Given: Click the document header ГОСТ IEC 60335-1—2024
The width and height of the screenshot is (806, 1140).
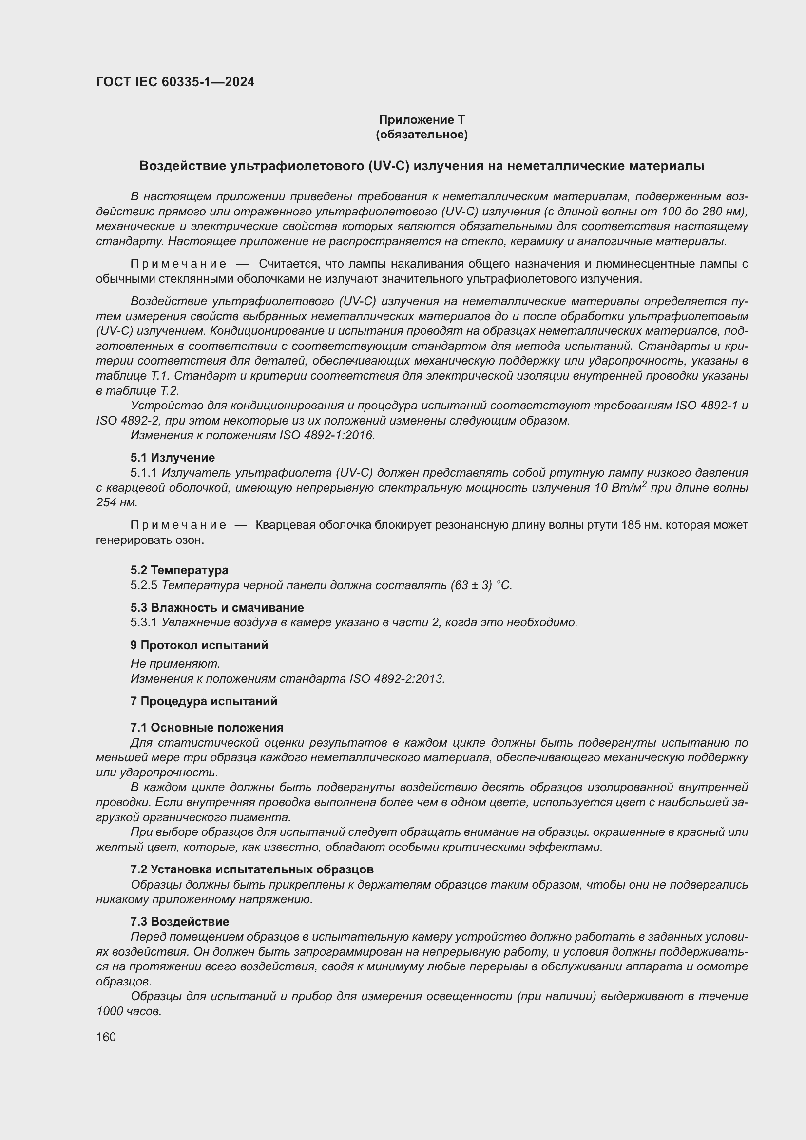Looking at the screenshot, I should (x=175, y=82).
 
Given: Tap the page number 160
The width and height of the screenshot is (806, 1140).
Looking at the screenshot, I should (x=106, y=1037).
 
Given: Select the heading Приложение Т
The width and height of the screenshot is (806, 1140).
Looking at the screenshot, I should (x=422, y=120).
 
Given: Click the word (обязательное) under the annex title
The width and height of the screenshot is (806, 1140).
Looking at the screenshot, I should (x=422, y=135).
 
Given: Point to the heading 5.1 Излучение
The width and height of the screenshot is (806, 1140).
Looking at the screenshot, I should (x=173, y=457).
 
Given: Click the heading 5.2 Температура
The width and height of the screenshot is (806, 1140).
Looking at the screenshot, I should (x=179, y=570).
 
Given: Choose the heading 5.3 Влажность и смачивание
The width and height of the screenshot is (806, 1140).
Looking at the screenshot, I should (x=217, y=607).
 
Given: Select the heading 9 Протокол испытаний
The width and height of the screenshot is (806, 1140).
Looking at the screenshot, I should (x=199, y=645).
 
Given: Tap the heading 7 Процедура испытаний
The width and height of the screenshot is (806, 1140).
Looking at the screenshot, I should (x=204, y=701).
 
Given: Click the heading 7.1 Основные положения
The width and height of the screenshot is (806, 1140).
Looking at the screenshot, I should (x=207, y=727).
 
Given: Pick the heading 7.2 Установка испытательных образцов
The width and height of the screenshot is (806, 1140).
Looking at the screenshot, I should (x=251, y=869).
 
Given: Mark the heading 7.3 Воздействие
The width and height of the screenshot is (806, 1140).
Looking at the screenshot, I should (x=180, y=922).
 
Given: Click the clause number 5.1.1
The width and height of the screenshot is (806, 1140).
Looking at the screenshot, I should (x=144, y=473).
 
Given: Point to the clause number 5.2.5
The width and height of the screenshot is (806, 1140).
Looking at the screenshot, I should (x=144, y=585).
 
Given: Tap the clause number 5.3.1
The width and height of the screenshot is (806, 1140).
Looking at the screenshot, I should (x=144, y=622).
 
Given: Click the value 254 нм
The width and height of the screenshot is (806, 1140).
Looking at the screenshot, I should (x=115, y=502).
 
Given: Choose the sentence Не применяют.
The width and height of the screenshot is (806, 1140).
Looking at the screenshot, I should (x=175, y=664).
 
